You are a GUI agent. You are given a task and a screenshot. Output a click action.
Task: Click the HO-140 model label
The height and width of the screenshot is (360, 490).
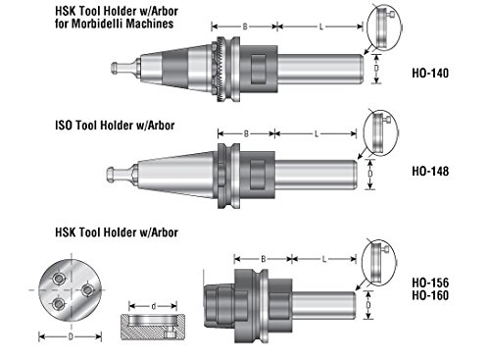[x=430, y=73]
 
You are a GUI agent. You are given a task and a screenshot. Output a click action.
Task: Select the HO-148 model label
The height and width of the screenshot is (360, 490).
[x=430, y=171]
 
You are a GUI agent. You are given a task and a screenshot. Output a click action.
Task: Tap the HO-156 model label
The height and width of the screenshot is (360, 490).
[x=430, y=283]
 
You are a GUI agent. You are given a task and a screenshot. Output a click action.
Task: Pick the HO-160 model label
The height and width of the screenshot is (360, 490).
[x=430, y=295]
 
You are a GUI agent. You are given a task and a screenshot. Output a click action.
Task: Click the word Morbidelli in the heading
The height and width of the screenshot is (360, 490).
[x=98, y=24]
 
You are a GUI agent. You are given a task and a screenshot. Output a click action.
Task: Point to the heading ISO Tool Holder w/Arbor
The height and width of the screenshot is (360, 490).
[x=115, y=126]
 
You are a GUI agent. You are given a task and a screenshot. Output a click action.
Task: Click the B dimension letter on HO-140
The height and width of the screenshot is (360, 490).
[x=245, y=26]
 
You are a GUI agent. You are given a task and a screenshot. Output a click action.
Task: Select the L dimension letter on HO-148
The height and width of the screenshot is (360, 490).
[x=317, y=133]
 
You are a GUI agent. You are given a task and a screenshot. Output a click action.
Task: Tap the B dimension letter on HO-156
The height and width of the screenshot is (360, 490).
[x=264, y=259]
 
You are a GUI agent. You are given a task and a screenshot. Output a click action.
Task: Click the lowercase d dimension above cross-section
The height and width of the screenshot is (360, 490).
[x=154, y=306]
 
